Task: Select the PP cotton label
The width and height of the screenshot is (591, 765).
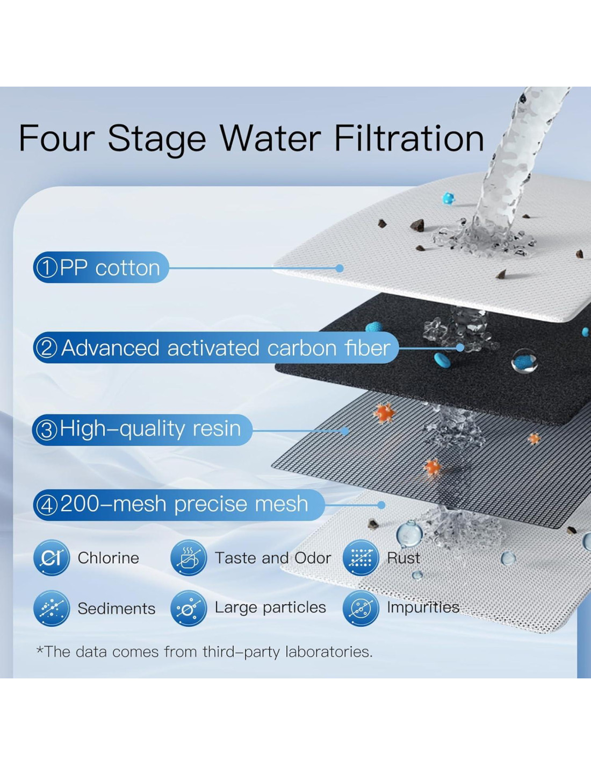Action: [100, 267]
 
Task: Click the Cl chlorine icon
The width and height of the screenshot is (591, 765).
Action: [51, 557]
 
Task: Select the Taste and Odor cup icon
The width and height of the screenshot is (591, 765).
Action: [189, 557]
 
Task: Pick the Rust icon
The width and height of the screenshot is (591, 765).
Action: [361, 557]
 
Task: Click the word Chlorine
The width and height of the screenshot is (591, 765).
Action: [109, 558]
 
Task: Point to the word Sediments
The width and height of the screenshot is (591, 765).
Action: [117, 608]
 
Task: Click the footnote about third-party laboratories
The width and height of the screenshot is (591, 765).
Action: [204, 652]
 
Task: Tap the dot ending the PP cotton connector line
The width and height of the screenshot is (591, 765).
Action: [339, 268]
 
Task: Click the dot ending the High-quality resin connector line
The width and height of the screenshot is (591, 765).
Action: [345, 431]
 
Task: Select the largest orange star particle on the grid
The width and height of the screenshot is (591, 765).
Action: [384, 412]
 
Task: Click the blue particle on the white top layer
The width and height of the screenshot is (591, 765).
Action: [448, 199]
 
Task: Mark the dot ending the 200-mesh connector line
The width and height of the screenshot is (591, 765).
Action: [381, 505]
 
